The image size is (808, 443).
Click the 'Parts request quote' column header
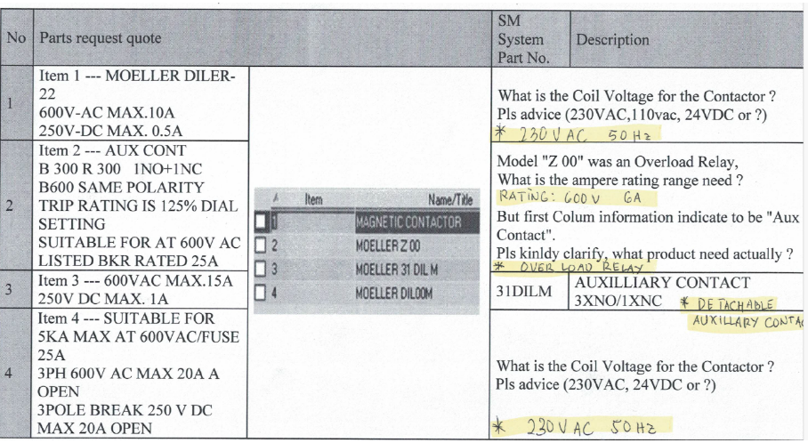tap(101, 39)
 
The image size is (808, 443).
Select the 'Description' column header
tap(613, 40)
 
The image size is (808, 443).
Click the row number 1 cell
tap(15, 102)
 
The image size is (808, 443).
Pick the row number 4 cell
tap(15, 373)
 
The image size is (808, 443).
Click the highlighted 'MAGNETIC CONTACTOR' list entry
tap(408, 222)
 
